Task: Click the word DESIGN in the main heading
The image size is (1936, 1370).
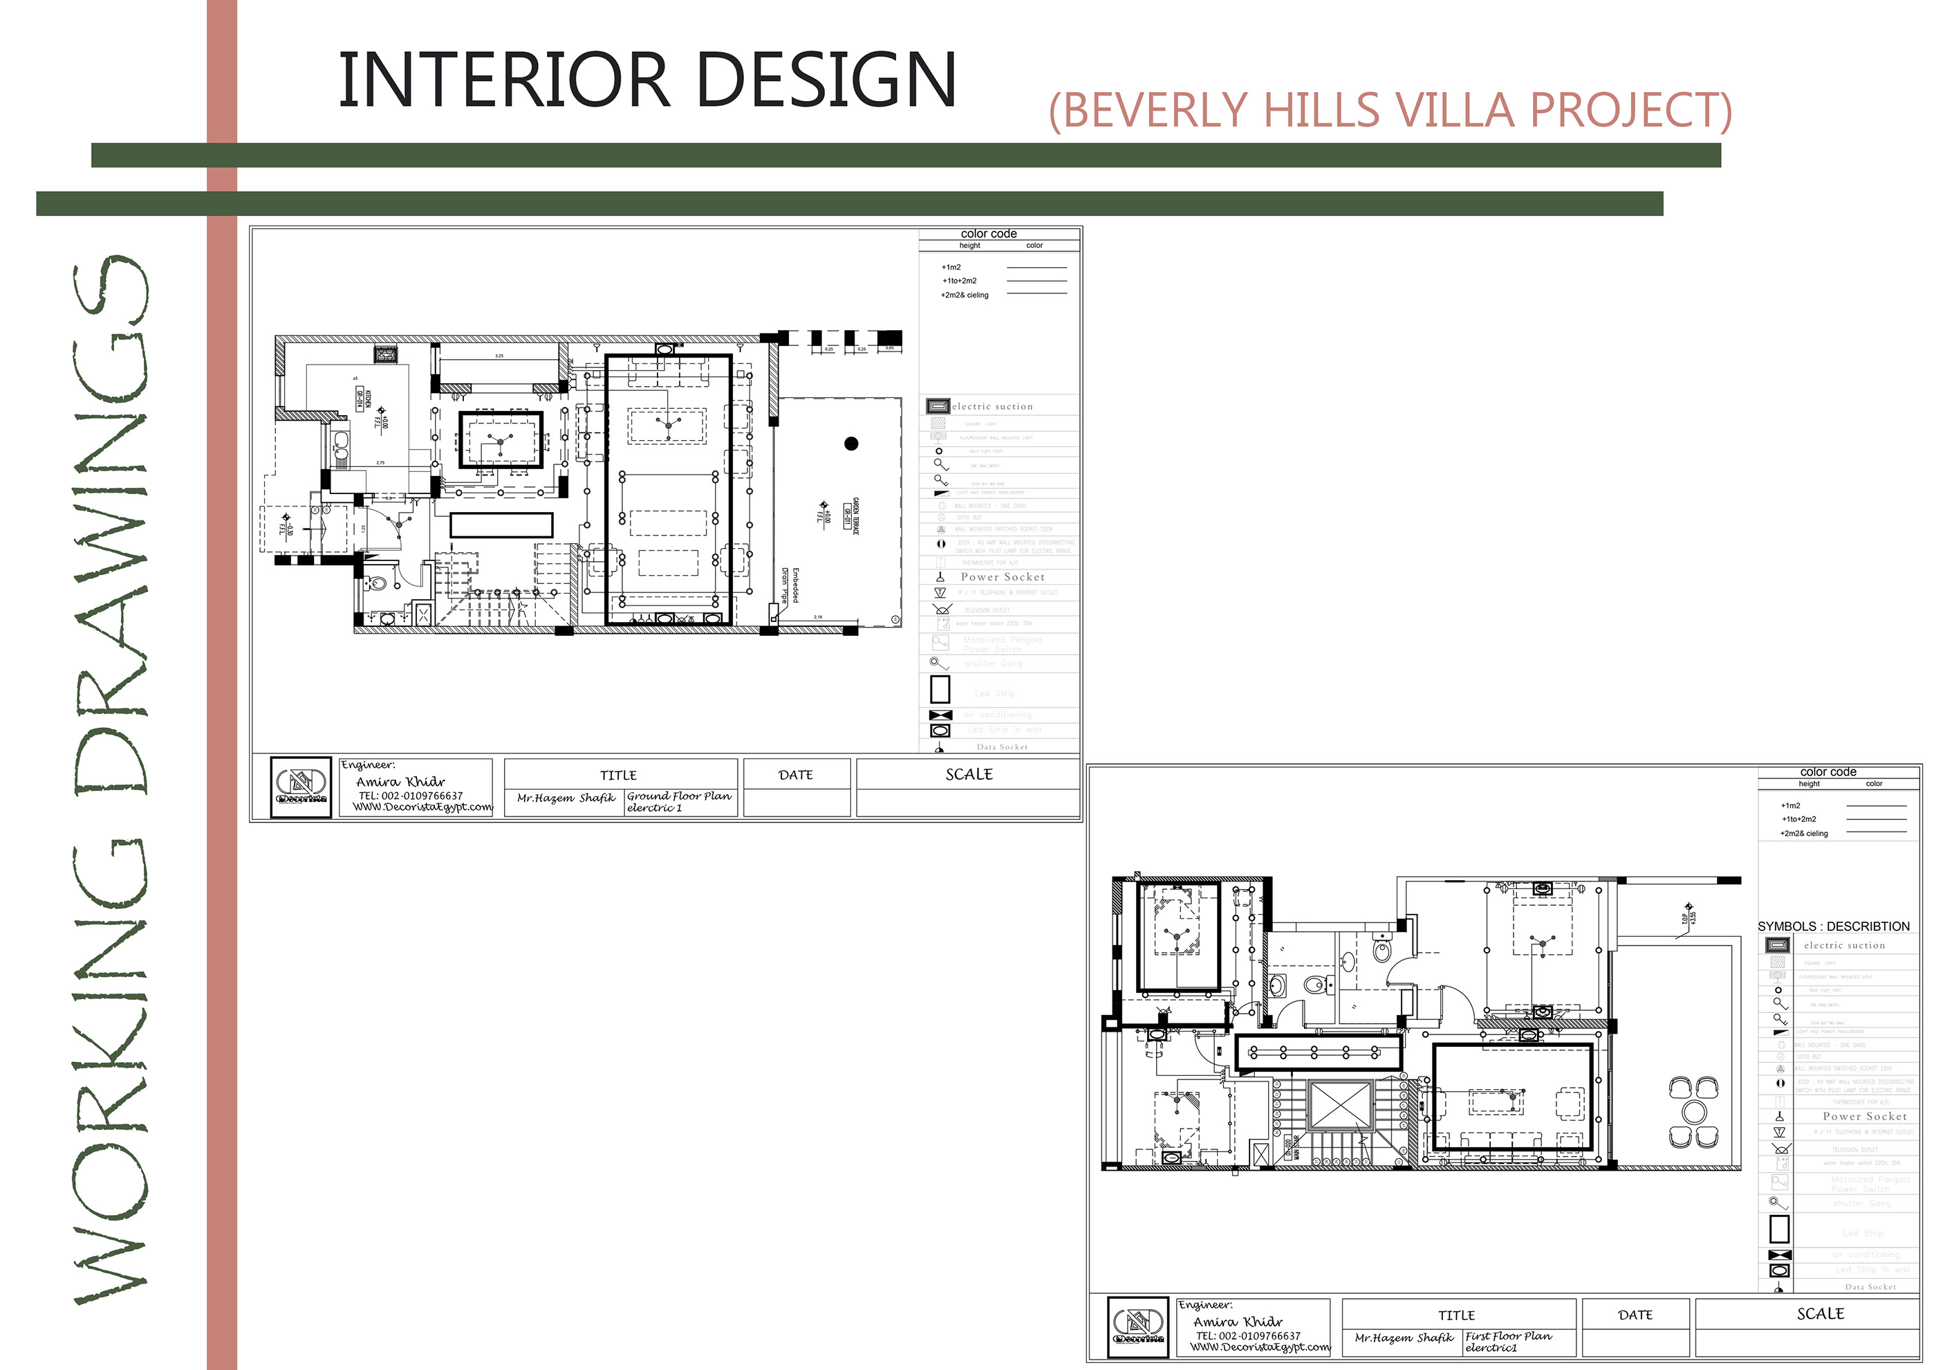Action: pos(826,80)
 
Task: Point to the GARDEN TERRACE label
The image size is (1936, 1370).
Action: pos(853,516)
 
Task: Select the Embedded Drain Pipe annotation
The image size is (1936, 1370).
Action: pos(790,585)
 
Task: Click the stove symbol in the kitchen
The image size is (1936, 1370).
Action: pos(387,354)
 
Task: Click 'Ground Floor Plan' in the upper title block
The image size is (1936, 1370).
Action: pos(679,796)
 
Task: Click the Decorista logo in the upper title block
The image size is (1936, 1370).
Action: pos(301,788)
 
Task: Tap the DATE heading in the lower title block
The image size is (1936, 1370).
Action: pos(1636,1315)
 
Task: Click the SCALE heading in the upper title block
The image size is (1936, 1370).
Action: pos(969,774)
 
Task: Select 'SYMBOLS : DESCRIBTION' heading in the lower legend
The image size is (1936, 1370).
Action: pos(1833,926)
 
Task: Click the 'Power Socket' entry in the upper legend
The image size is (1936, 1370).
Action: pos(1003,577)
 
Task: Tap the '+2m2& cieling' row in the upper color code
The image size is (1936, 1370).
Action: pos(965,295)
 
